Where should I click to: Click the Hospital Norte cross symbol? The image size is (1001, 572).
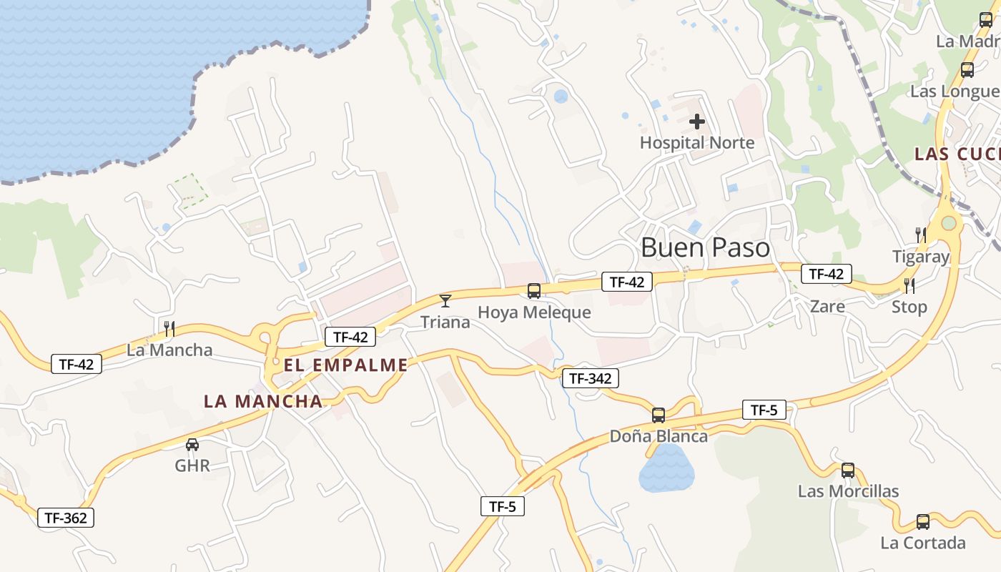click(x=696, y=122)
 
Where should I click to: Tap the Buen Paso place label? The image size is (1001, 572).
click(x=705, y=247)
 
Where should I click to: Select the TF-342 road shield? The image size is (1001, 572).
click(x=590, y=378)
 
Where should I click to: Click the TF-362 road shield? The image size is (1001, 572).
click(x=66, y=518)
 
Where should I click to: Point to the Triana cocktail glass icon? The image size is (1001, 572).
click(x=445, y=301)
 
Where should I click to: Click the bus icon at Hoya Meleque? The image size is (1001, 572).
click(x=534, y=291)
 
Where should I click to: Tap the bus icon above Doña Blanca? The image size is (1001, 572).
click(x=659, y=415)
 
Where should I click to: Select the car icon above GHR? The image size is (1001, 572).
click(x=192, y=445)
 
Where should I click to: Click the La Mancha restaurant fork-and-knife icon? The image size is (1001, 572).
click(x=169, y=328)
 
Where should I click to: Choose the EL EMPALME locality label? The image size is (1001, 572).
click(x=345, y=365)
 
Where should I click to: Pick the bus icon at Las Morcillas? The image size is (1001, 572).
click(x=848, y=470)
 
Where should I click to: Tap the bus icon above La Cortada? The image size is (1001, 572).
click(x=923, y=522)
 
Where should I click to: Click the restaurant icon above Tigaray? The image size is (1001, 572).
click(x=921, y=235)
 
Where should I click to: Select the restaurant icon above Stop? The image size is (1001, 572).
click(x=909, y=286)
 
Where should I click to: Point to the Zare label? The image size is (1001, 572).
click(x=827, y=307)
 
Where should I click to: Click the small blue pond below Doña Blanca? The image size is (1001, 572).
click(x=666, y=468)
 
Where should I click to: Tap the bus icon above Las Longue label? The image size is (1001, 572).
click(x=967, y=70)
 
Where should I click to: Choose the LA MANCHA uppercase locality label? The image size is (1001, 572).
click(x=263, y=401)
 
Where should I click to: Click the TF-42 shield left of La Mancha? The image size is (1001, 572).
click(x=77, y=364)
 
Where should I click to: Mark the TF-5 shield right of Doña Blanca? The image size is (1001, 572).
click(x=764, y=410)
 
